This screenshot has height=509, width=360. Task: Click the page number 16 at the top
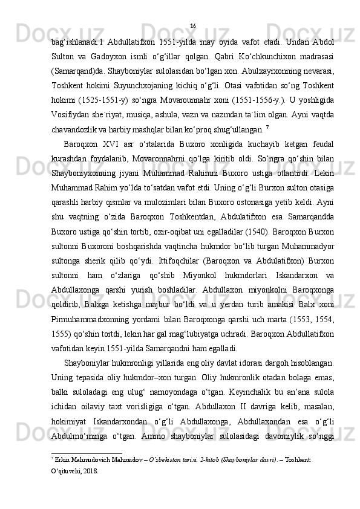point(192,25)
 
